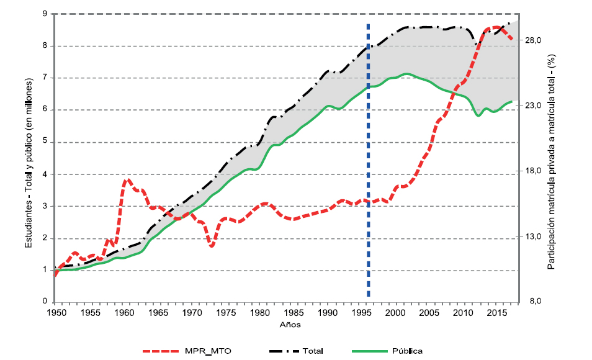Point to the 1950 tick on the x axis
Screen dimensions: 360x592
coord(56,313)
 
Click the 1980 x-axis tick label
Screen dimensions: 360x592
coord(259,313)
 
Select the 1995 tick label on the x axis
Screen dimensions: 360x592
coord(361,313)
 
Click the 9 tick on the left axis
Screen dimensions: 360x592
coord(44,14)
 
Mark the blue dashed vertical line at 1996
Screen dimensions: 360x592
coord(368,161)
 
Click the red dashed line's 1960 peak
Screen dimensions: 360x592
coord(127,180)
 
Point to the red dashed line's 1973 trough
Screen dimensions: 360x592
coord(212,246)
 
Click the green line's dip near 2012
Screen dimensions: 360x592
coord(478,115)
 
